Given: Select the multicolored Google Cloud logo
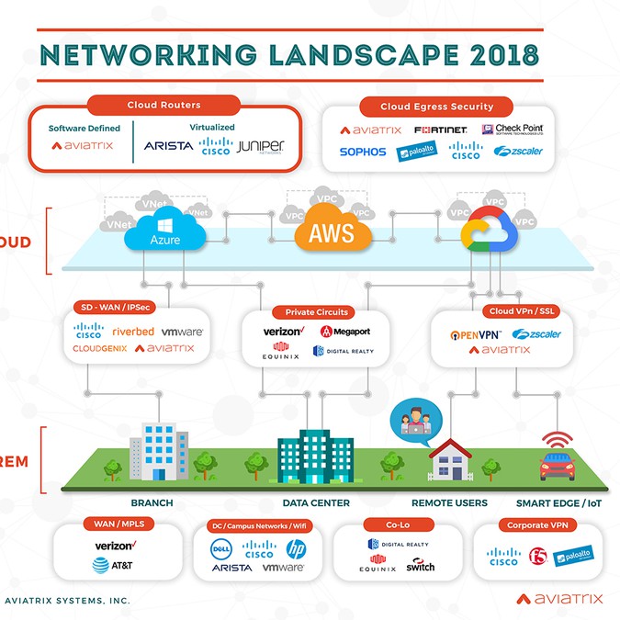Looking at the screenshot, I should coord(487,231).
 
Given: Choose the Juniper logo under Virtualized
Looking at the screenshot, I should coord(261,146).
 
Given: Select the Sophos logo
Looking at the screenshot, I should coord(363,152).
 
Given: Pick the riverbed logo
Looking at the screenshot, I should coord(133,332).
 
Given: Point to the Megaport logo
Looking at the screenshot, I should coord(345,332).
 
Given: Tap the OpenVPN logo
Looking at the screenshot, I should coord(475,334).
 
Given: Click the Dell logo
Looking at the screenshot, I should coord(221,549).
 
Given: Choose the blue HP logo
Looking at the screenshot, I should coord(296,549).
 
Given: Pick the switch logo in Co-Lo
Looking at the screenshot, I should coord(421,568).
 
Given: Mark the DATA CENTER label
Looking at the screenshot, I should coord(316,503).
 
